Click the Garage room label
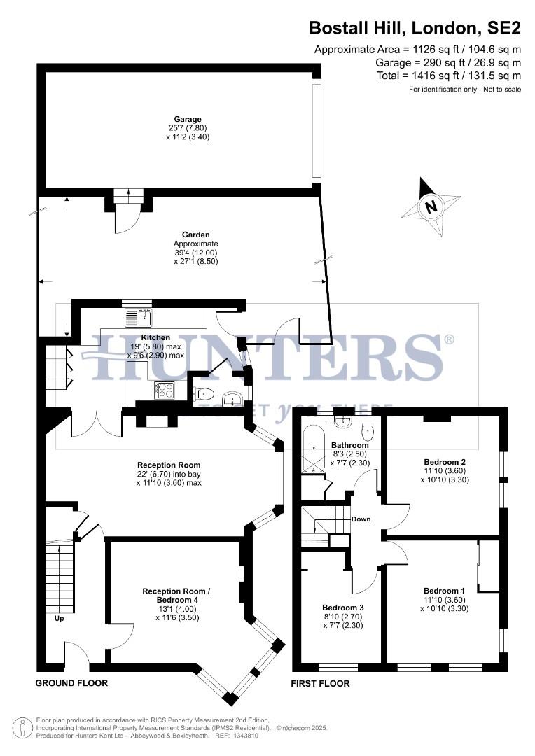(188, 119)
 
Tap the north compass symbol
(431, 207)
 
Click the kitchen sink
(140, 318)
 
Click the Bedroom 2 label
(445, 462)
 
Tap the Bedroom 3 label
(343, 607)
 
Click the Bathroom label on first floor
(349, 445)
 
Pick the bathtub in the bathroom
(311, 448)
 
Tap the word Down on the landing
(361, 519)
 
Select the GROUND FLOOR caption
(71, 682)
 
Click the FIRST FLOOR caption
(320, 683)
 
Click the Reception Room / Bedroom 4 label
(176, 591)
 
